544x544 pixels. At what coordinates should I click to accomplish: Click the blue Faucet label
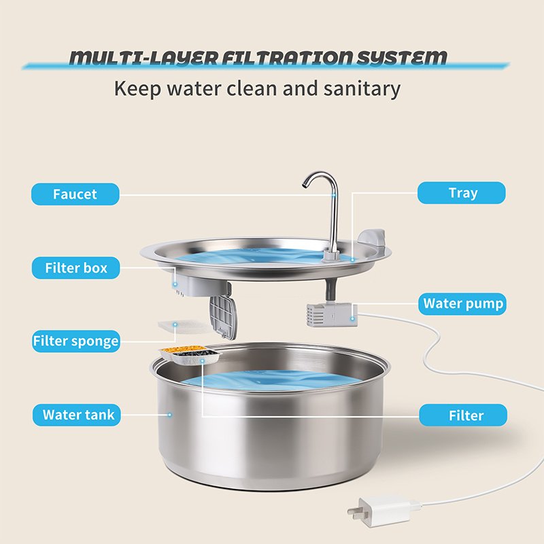pyautogui.click(x=75, y=194)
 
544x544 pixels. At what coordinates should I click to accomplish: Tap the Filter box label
pyautogui.click(x=75, y=268)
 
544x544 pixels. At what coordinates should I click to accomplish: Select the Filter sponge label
pyautogui.click(x=76, y=341)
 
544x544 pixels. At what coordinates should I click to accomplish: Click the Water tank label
pyautogui.click(x=77, y=415)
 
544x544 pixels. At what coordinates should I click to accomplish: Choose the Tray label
pyautogui.click(x=462, y=193)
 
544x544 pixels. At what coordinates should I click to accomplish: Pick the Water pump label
pyautogui.click(x=462, y=304)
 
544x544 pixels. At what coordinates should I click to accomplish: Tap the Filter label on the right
pyautogui.click(x=463, y=415)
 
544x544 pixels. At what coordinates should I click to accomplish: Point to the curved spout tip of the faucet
pyautogui.click(x=305, y=185)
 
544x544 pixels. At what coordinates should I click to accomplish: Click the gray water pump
pyautogui.click(x=332, y=315)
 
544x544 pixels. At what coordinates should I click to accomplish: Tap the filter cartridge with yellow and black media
pyautogui.click(x=190, y=354)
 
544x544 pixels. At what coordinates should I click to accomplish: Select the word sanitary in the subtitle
pyautogui.click(x=362, y=89)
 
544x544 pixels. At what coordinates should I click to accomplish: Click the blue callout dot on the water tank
pyautogui.click(x=169, y=415)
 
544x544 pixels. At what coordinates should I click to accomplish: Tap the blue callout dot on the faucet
pyautogui.click(x=334, y=195)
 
